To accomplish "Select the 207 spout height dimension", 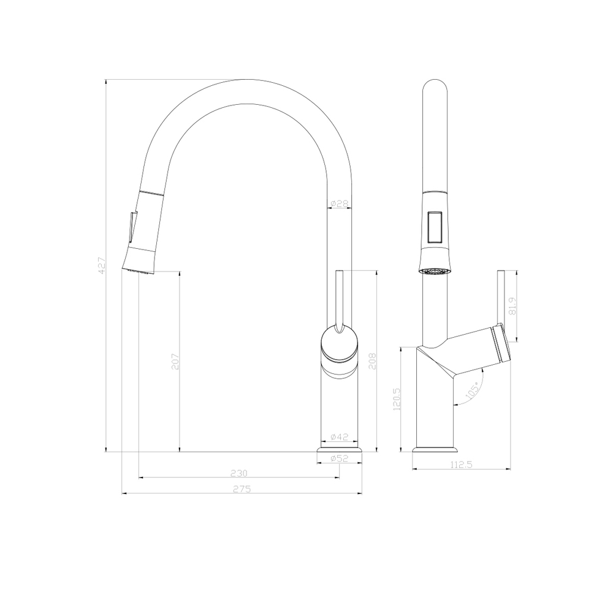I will tap(175, 362).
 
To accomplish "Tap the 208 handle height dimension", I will tap(373, 362).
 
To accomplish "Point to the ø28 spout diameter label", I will tap(339, 204).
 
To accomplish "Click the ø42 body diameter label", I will tap(339, 437).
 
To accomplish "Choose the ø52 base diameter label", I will tap(339, 458).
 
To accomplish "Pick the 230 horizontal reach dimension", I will tap(239, 473).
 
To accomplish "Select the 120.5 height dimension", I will tap(397, 400).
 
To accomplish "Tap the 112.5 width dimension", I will tap(461, 465).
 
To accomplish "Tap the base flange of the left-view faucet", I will tap(339, 451).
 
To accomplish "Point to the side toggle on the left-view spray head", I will tap(131, 227).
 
